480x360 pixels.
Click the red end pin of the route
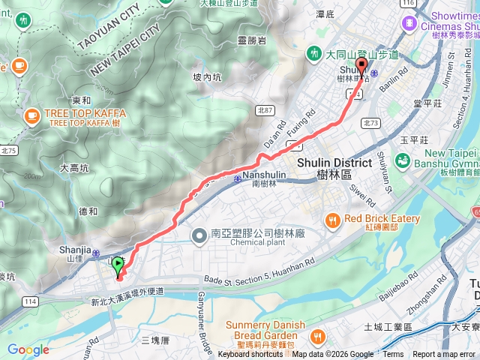pos(362,67)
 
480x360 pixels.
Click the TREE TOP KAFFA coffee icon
pos(31,115)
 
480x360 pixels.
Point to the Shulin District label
pos(334,163)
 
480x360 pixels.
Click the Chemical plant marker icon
pos(200,237)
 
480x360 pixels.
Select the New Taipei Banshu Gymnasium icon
pos(403,160)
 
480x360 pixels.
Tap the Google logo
pos(28,349)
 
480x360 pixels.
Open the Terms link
pos(393,355)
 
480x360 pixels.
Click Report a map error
pos(444,355)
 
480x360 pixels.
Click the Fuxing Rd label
pos(298,125)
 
